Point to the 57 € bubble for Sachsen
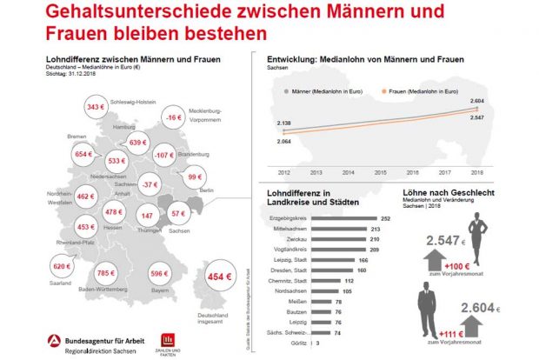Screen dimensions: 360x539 click(x=179, y=213)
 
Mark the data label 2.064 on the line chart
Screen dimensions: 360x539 click(x=284, y=141)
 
